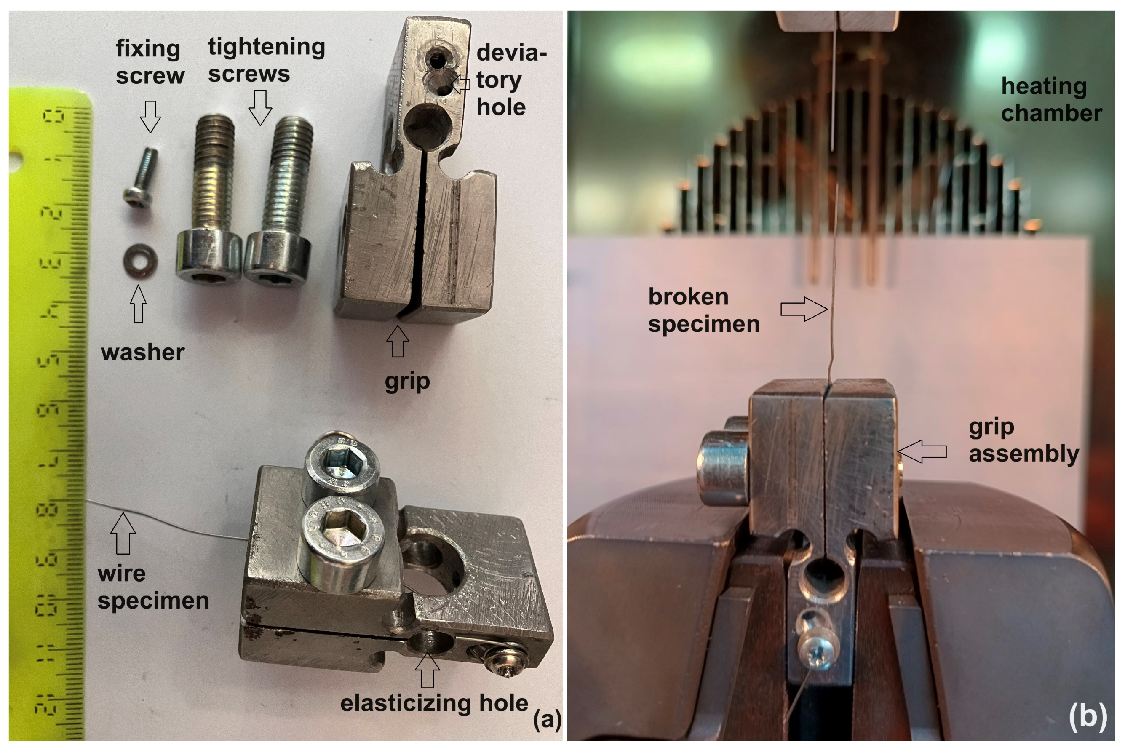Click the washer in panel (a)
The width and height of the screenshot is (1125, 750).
pyautogui.click(x=140, y=261)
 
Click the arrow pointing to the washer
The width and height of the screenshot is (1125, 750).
pyautogui.click(x=138, y=304)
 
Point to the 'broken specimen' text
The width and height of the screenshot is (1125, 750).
pyautogui.click(x=703, y=310)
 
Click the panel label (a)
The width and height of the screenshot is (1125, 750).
pyautogui.click(x=547, y=719)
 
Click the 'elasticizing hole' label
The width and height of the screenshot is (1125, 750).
pyautogui.click(x=434, y=703)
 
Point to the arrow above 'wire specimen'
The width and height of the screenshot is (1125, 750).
pyautogui.click(x=123, y=533)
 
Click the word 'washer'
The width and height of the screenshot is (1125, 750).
pyautogui.click(x=142, y=352)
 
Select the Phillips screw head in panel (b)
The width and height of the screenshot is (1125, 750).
pyautogui.click(x=818, y=651)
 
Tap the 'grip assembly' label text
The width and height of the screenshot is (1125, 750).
pyautogui.click(x=1023, y=440)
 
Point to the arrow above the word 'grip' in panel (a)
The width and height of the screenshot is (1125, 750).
pyautogui.click(x=398, y=342)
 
